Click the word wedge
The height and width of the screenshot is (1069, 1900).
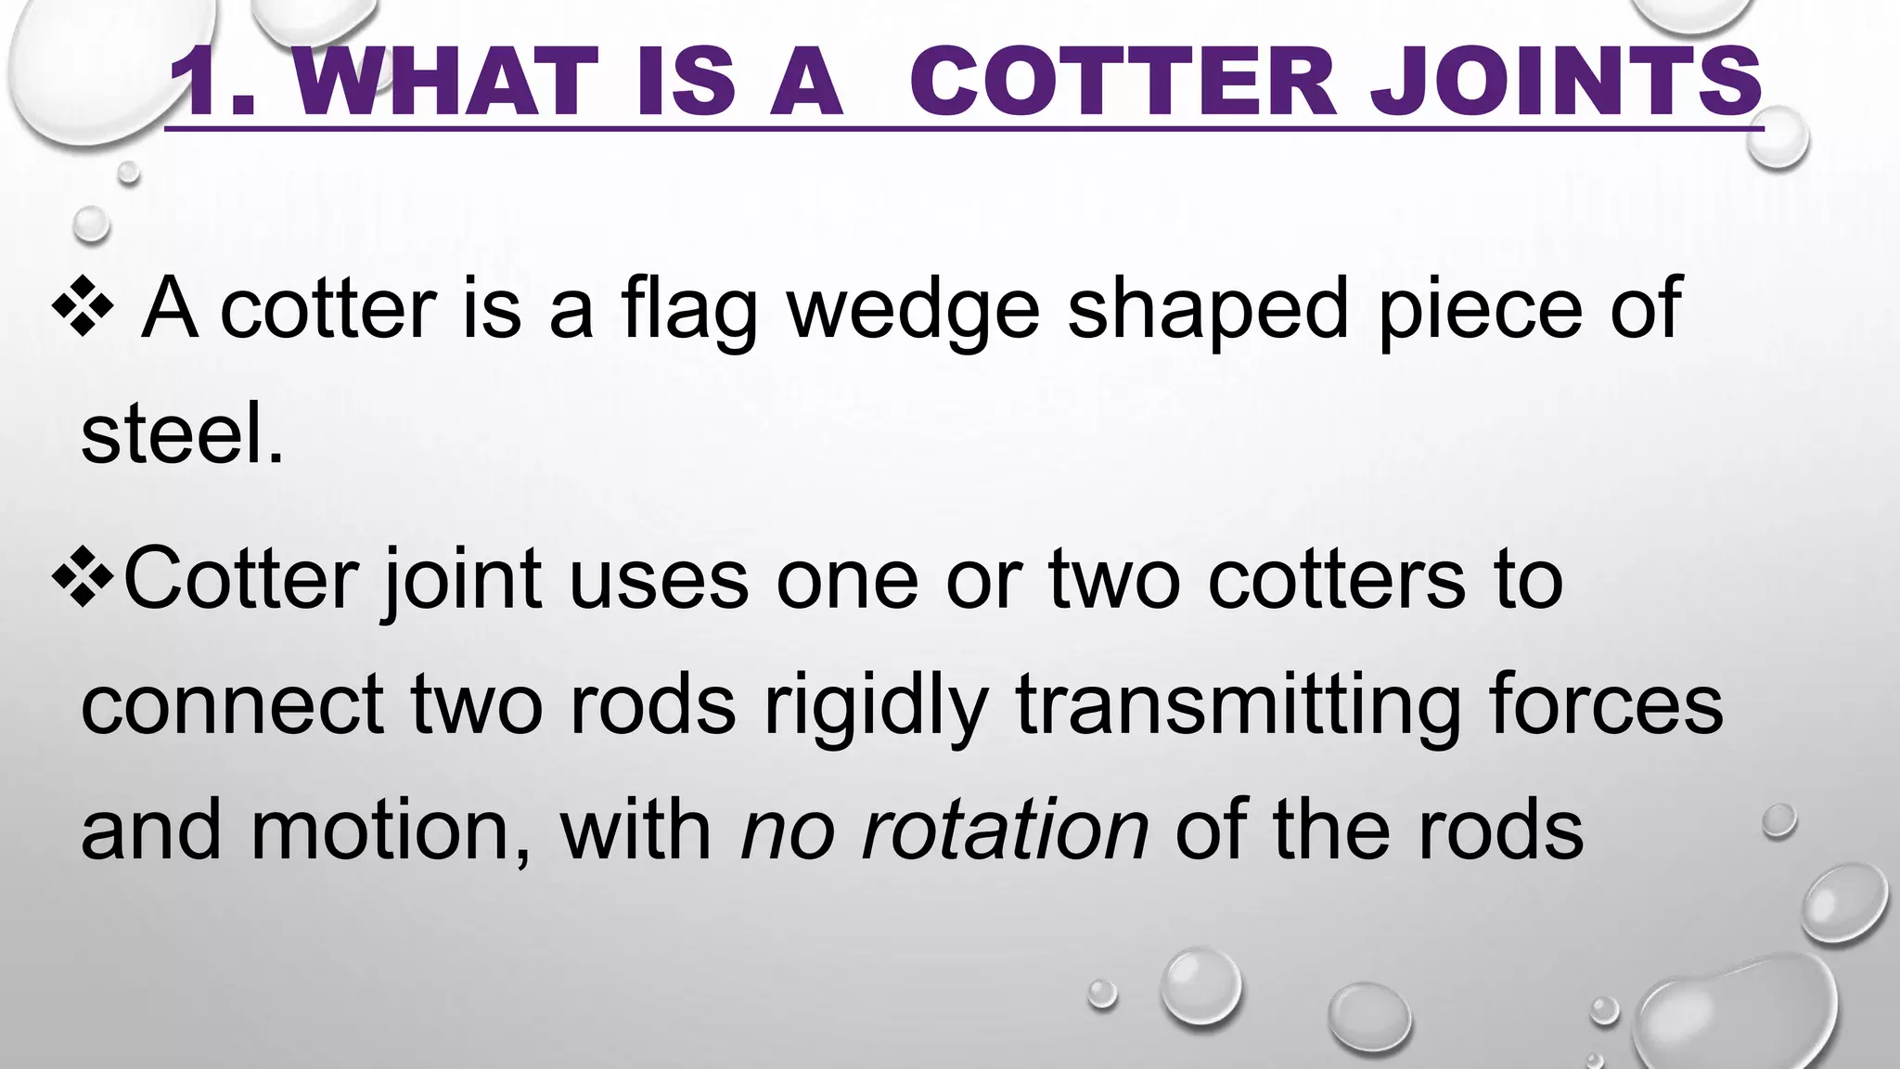tap(913, 311)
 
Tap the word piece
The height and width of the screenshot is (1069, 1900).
tap(1479, 311)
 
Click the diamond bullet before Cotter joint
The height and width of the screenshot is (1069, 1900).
tap(83, 580)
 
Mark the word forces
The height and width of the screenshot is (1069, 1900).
tap(1606, 705)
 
